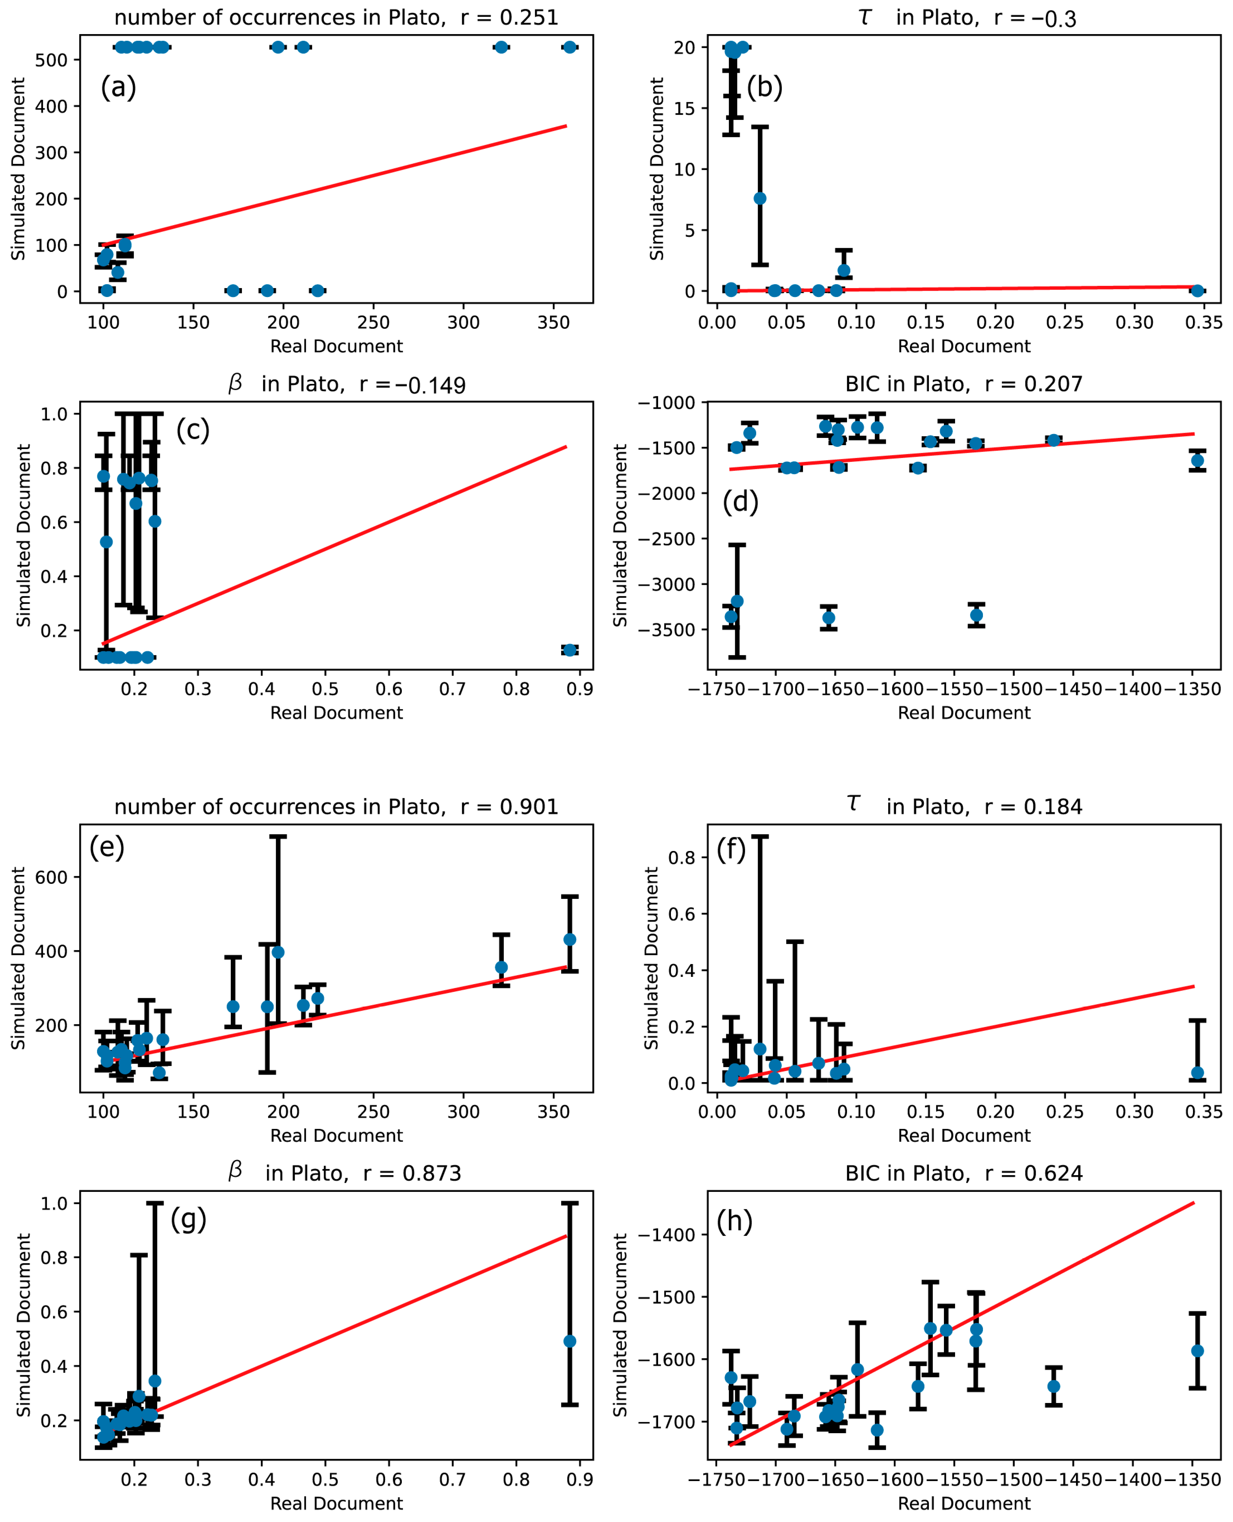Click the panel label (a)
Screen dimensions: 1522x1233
point(118,87)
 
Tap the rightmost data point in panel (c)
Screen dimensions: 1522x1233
point(569,650)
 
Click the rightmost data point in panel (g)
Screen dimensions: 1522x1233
point(569,1341)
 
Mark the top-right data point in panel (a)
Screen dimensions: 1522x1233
point(569,47)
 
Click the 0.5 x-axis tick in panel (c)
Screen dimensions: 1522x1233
point(324,689)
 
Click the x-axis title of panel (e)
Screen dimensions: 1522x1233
point(336,1135)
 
